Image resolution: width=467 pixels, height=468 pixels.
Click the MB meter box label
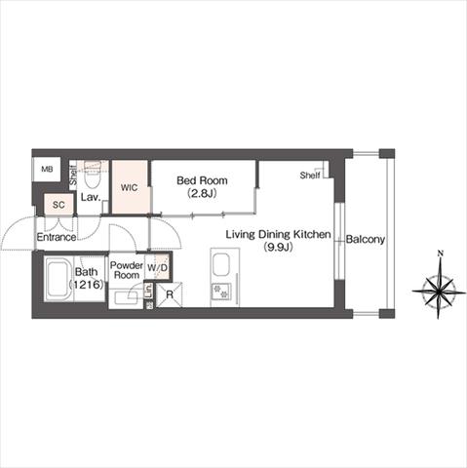47,170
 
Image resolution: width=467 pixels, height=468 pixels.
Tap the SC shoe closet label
58,205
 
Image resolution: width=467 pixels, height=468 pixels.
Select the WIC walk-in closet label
129,187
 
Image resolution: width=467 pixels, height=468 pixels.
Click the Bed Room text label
202,180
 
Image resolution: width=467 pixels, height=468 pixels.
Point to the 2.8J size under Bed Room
202,194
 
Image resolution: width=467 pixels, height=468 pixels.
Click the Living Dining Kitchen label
278,234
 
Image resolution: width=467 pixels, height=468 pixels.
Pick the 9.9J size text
279,248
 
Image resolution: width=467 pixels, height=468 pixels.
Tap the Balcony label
366,240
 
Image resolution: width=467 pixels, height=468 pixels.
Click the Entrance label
57,237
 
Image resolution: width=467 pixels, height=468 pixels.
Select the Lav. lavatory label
90,197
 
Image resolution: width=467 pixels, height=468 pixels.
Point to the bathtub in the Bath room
58,279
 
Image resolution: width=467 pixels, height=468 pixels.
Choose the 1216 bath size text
86,285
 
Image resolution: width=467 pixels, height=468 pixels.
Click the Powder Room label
127,270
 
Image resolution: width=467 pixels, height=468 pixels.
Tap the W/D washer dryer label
157,268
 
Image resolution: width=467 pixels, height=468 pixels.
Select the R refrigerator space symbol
170,294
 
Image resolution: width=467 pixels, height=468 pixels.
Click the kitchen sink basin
220,265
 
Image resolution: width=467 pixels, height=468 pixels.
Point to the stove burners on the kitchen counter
221,292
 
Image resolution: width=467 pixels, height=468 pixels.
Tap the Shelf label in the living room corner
310,175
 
